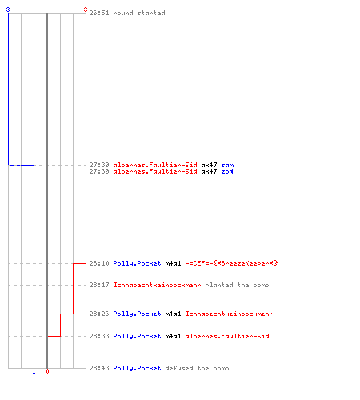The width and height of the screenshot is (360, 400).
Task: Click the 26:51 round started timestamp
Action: click(99, 13)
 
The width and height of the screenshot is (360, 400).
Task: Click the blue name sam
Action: click(227, 165)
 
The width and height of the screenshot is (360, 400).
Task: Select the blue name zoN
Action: click(227, 171)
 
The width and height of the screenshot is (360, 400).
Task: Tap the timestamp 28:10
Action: click(99, 263)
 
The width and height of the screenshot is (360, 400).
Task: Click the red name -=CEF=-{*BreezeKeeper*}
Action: click(231, 263)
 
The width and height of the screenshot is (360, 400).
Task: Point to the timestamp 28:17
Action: click(99, 285)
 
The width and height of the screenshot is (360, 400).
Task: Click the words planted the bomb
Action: click(237, 285)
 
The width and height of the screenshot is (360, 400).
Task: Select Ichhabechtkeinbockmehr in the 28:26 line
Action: click(229, 314)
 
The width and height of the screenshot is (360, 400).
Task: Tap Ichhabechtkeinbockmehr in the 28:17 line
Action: click(157, 285)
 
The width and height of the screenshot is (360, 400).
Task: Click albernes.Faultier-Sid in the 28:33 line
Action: click(227, 336)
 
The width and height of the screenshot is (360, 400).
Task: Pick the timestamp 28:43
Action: click(99, 368)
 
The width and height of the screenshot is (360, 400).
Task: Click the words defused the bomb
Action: click(197, 368)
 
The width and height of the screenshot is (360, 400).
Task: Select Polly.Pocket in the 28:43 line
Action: click(137, 368)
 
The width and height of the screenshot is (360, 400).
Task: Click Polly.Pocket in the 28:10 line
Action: click(137, 263)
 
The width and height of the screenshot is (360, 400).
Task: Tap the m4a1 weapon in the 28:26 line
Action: click(173, 314)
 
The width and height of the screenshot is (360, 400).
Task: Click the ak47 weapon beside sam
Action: click(209, 165)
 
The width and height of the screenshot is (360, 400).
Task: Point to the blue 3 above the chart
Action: click(8, 10)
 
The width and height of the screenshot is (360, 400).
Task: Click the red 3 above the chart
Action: click(86, 10)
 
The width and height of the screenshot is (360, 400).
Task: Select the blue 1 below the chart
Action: click(34, 371)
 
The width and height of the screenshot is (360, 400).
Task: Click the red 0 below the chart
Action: click(47, 371)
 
